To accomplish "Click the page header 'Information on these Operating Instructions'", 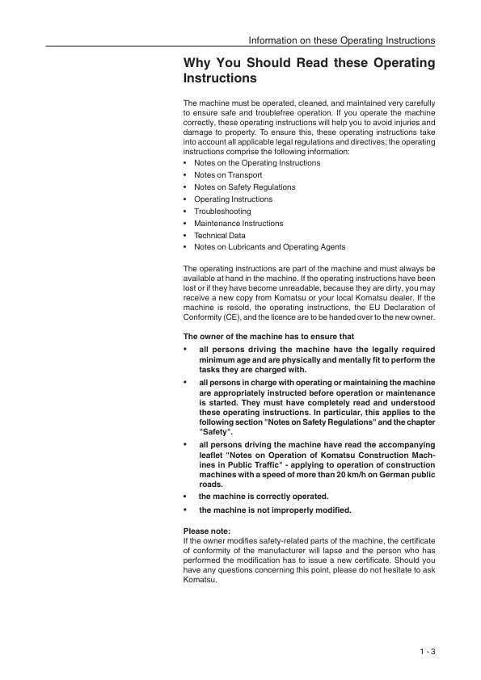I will coord(342,40).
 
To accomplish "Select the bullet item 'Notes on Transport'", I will coord(228,174).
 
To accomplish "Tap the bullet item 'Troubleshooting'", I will coord(222,211).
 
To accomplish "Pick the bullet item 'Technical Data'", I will coord(220,235).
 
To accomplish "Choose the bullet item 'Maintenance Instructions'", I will coord(238,223).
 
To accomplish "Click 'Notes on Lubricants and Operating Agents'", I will coord(269,247).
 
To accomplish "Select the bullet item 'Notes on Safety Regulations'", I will coord(245,187).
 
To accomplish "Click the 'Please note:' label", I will coord(208,531).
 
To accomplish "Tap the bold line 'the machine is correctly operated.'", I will coord(264,496).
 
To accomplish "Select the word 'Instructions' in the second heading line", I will coord(221,79).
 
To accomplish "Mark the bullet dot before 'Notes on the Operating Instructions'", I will coord(186,163).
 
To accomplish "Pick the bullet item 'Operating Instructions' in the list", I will coord(233,199).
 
